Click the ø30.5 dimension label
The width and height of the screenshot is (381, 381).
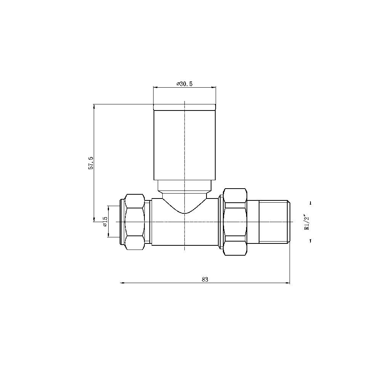tap(184, 84)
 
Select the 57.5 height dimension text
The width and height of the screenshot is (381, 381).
tap(91, 163)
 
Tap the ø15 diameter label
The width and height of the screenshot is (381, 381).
tap(105, 222)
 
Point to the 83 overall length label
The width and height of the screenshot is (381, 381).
tap(205, 279)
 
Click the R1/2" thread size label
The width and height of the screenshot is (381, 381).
tap(306, 222)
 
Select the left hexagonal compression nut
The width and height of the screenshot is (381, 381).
tap(135, 222)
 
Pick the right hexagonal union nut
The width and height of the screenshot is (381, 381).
tap(235, 222)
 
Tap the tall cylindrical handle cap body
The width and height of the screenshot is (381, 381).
tap(184, 145)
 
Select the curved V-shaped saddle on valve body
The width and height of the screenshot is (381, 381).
tap(184, 208)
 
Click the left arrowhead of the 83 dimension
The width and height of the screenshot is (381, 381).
tap(122, 283)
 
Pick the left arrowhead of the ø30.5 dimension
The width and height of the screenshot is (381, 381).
tap(155, 87)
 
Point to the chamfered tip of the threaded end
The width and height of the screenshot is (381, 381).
tap(289, 222)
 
